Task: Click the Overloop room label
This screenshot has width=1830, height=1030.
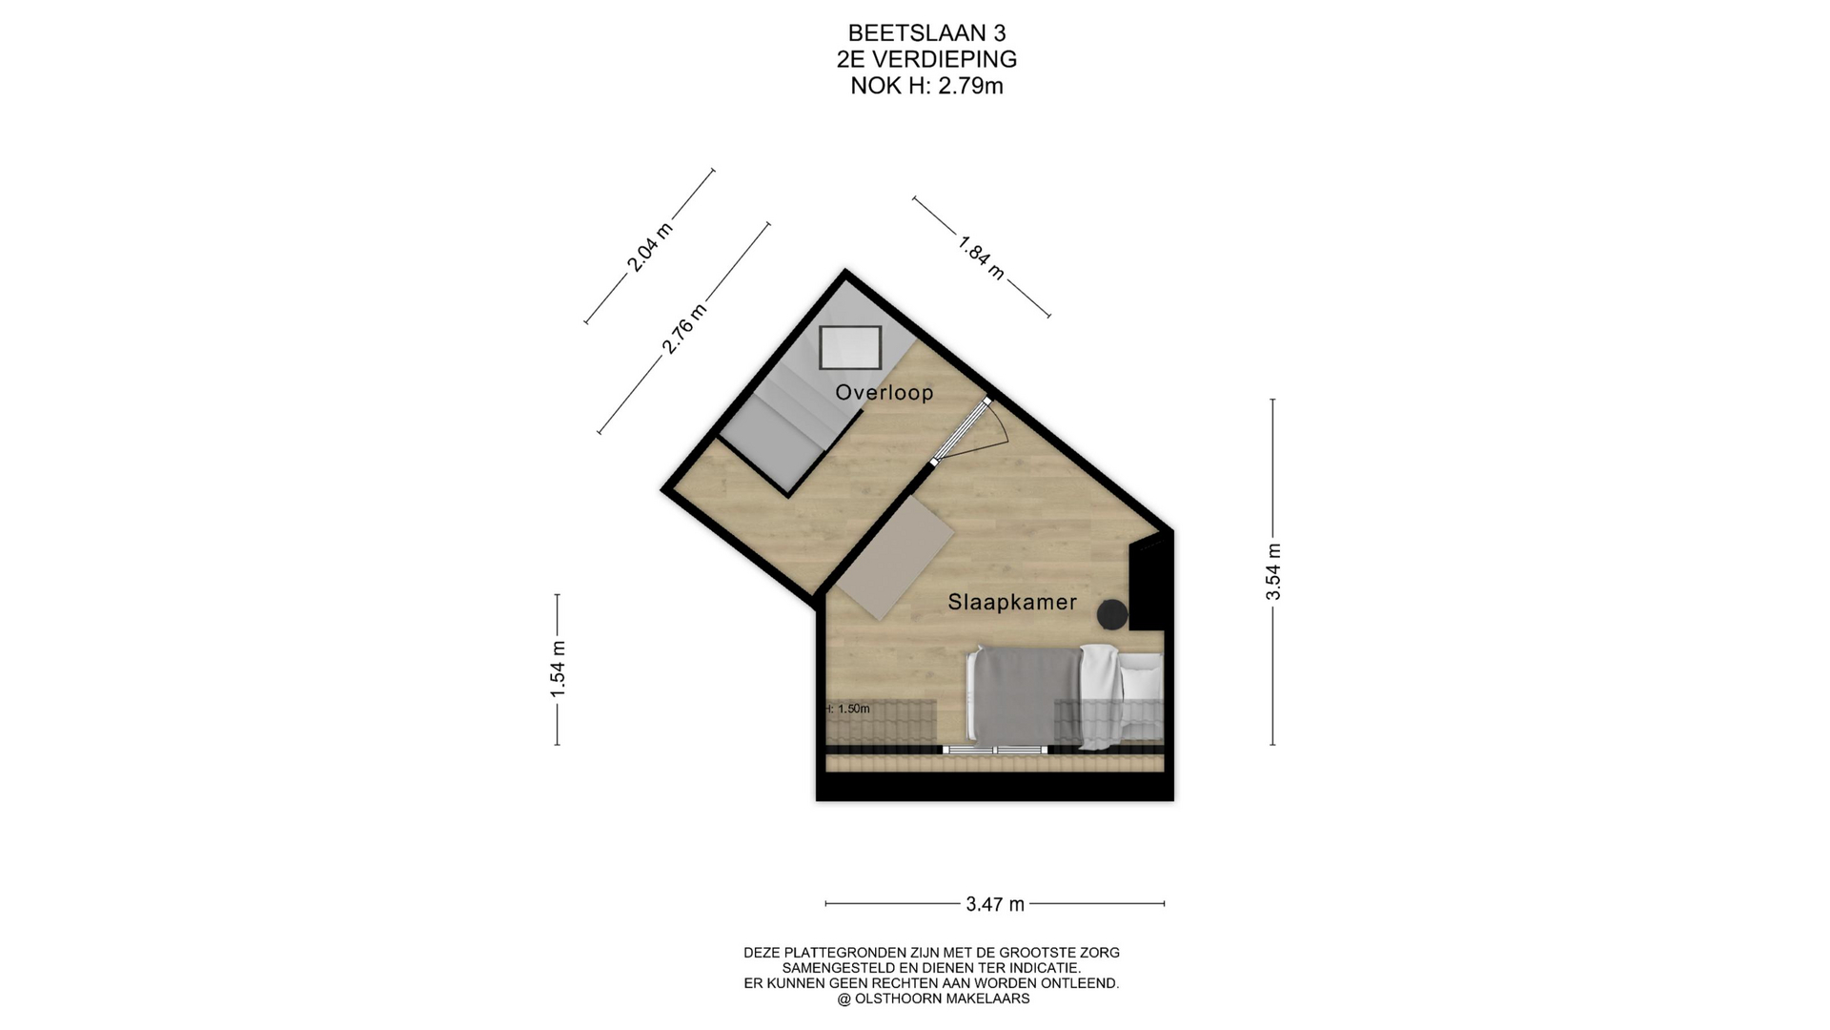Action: point(884,392)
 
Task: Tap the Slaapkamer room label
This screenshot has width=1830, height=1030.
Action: point(1012,602)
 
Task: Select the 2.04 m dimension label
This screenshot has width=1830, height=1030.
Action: point(649,247)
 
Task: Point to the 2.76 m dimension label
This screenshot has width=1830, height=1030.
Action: point(685,329)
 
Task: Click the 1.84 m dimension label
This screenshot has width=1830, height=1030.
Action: point(981,257)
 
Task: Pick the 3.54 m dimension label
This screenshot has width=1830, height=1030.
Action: point(1273,571)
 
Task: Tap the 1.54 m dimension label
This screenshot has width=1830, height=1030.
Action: point(558,669)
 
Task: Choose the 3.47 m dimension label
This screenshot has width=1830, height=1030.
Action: point(995,904)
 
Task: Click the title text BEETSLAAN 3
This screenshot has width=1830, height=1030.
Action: point(926,33)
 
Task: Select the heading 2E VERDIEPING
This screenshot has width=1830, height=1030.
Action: point(926,59)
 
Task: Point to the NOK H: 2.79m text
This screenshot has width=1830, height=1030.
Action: point(926,86)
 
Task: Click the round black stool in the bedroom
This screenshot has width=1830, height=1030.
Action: point(1112,615)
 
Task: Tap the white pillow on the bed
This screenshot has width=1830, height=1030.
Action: point(1141,677)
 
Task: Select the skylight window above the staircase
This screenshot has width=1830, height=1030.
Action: point(850,347)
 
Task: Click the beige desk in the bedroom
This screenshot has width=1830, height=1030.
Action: point(895,557)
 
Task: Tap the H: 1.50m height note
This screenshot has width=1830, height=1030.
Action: point(847,709)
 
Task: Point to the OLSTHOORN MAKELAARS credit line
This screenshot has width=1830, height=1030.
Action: point(933,999)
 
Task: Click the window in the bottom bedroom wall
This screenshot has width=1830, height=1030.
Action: point(995,751)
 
